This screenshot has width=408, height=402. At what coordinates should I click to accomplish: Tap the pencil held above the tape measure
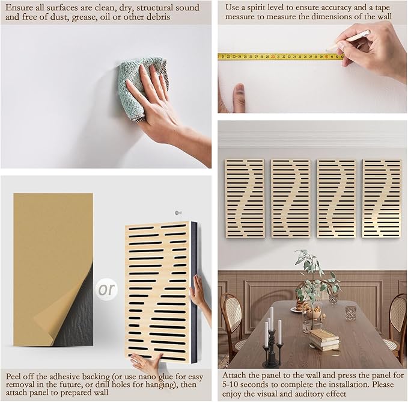tap(348, 40)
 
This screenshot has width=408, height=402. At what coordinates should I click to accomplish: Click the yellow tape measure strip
tap(281, 57)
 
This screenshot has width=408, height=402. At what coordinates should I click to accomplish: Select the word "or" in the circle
tap(106, 289)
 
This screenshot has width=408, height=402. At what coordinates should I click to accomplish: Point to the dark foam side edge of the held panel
tap(194, 292)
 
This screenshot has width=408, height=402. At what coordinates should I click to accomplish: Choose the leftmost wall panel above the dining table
tap(245, 199)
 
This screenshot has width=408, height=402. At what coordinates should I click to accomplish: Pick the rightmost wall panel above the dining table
tap(382, 199)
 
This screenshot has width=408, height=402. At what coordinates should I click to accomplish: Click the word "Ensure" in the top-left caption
tap(19, 8)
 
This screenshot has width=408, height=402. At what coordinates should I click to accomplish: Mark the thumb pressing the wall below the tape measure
tap(239, 97)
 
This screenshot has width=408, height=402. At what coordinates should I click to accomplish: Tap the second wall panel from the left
tap(291, 199)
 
